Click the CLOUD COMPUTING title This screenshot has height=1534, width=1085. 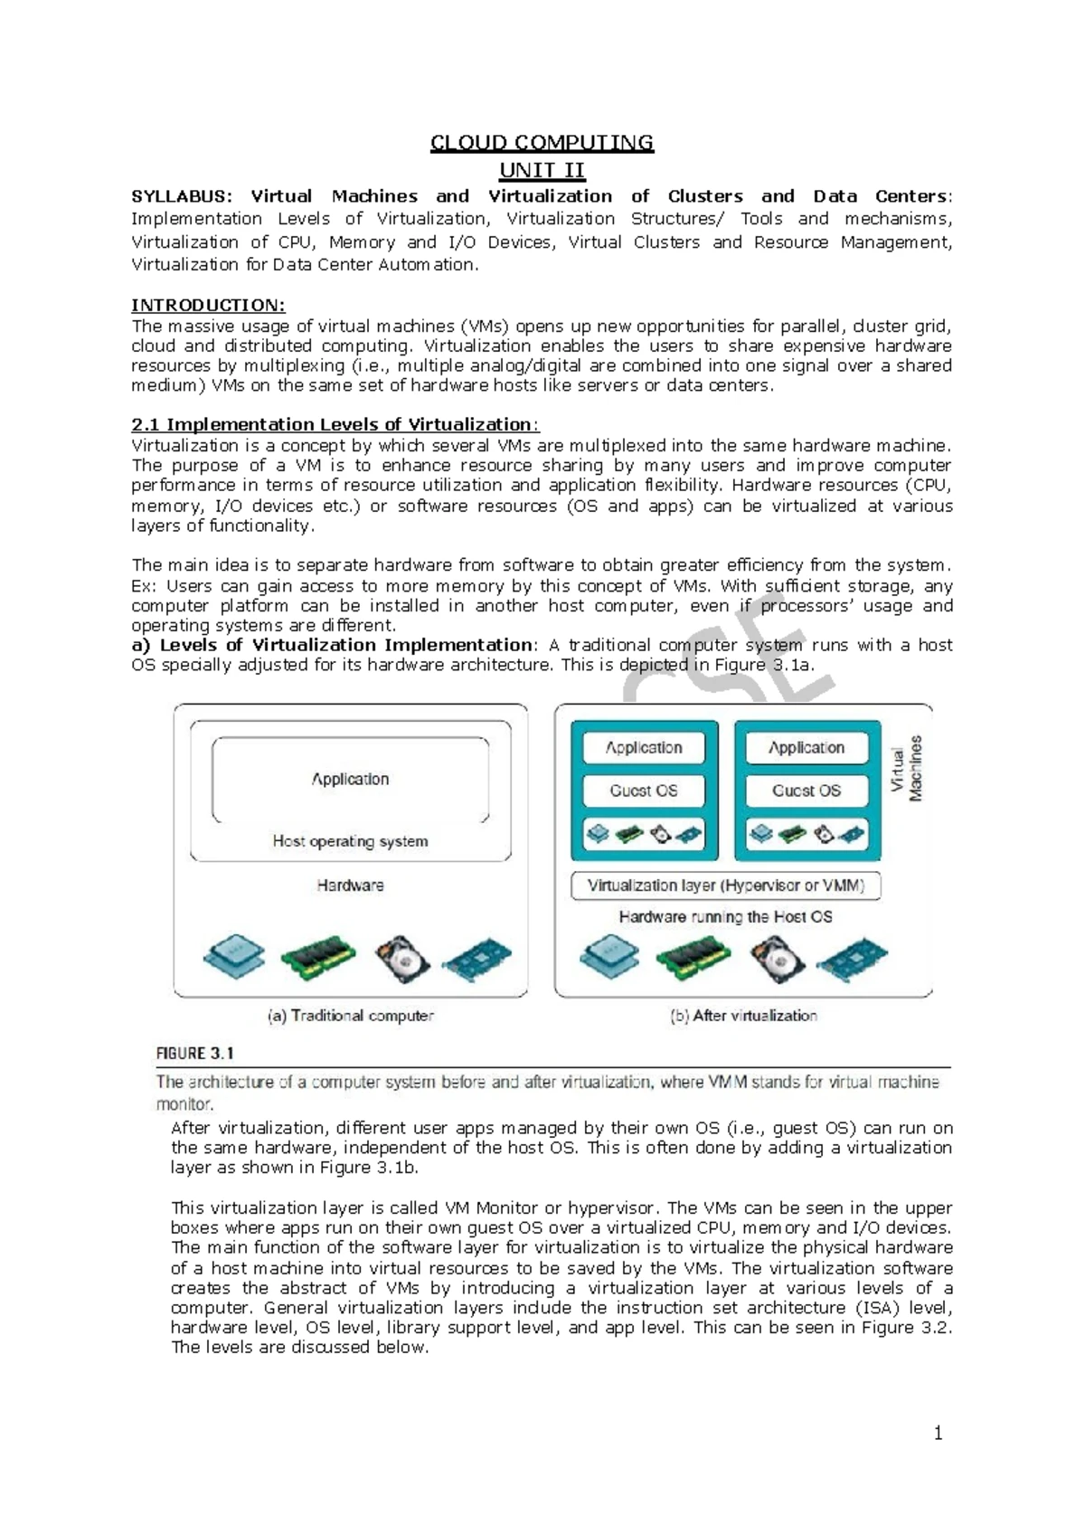(542, 143)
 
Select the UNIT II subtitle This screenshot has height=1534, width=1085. (542, 170)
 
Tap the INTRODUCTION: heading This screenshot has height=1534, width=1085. (208, 305)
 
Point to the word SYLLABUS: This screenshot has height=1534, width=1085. (181, 196)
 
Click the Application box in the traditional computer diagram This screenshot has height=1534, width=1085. (350, 779)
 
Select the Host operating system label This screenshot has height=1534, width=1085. (350, 841)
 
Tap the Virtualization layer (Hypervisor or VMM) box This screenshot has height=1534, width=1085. (725, 885)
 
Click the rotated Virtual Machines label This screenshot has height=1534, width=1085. (906, 769)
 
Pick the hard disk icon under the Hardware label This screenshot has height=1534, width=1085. (402, 959)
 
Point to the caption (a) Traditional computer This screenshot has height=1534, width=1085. (351, 1016)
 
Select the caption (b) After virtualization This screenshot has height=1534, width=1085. (743, 1016)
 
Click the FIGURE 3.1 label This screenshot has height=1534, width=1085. (195, 1053)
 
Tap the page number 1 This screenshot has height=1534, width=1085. (938, 1433)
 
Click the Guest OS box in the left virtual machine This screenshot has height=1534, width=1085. (643, 791)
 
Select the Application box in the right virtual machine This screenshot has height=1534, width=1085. (807, 748)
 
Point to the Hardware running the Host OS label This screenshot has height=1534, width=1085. (725, 916)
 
